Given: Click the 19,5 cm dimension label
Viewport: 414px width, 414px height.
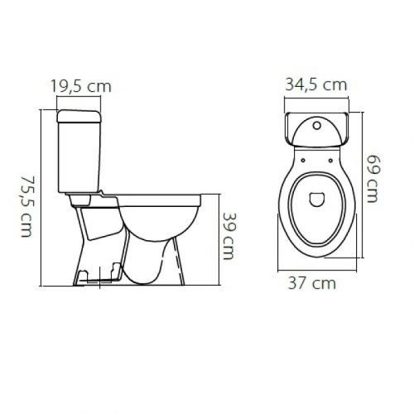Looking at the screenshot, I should click(x=80, y=84).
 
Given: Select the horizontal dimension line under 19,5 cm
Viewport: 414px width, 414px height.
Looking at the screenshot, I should click(x=79, y=98).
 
